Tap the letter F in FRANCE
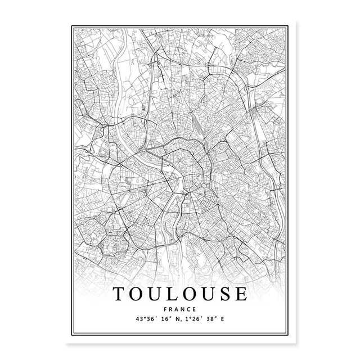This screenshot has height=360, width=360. (x=169, y=310)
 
